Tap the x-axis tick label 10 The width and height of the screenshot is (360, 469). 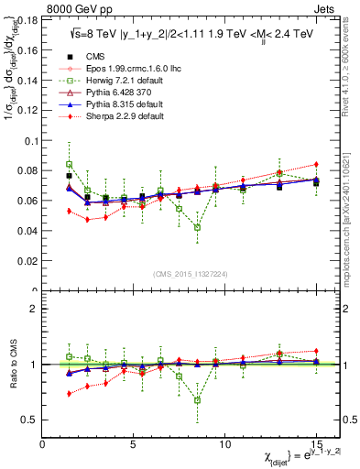point(224,443)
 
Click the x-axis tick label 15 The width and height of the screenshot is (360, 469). point(315,443)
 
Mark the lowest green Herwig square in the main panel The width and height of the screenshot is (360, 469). point(198,227)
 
